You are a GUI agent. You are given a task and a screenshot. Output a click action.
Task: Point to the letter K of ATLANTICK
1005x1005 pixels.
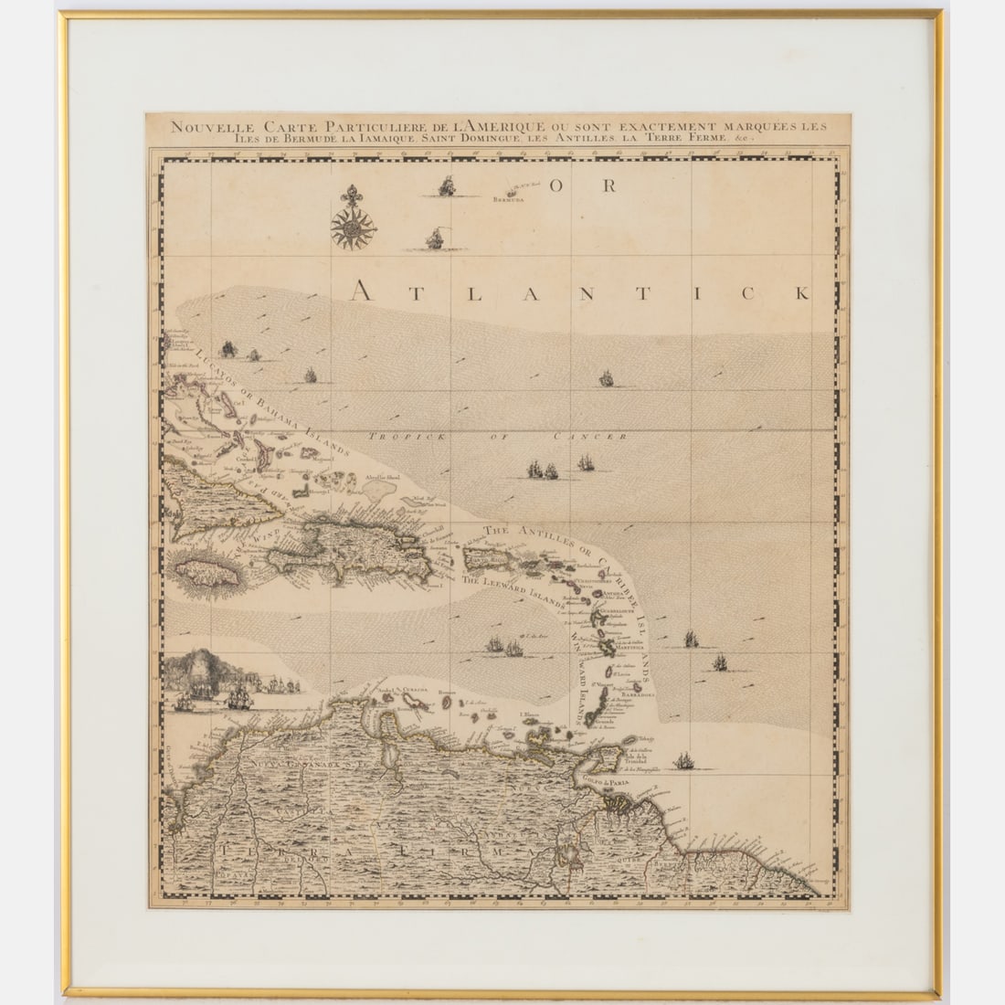point(801,292)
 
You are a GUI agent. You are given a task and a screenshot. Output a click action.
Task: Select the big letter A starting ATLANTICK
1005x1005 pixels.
point(364,291)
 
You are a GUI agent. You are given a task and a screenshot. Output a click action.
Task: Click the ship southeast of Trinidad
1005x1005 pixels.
point(682,760)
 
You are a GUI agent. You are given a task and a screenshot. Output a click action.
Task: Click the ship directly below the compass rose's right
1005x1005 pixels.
point(436,239)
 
